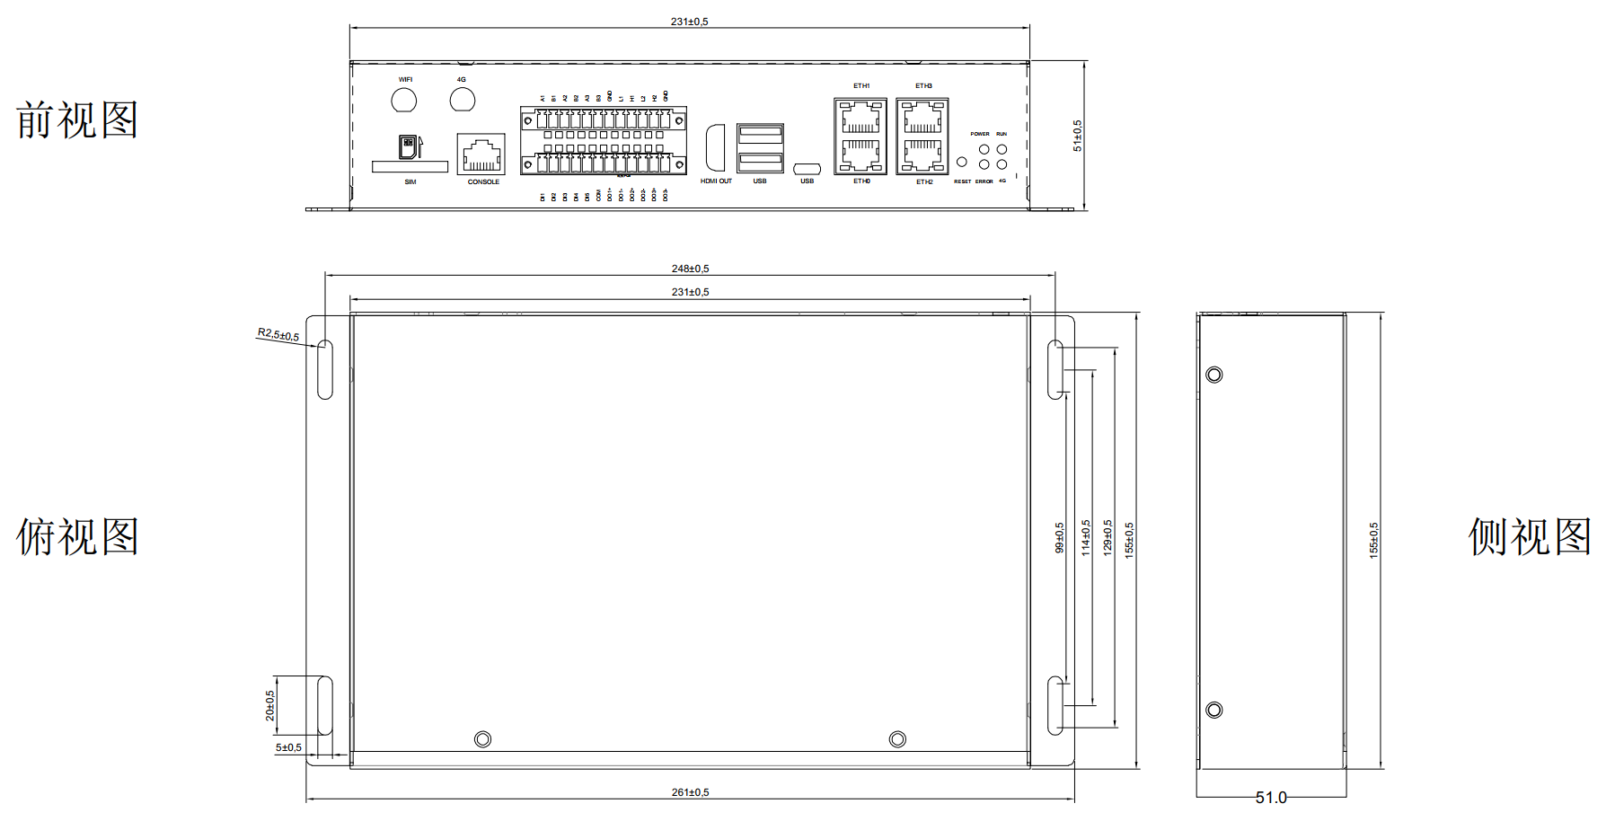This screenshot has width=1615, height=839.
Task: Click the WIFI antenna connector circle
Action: (x=404, y=100)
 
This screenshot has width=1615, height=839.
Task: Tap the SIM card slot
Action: (x=410, y=166)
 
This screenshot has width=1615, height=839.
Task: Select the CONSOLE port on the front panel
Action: (x=481, y=155)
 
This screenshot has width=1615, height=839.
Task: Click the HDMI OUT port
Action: (x=715, y=147)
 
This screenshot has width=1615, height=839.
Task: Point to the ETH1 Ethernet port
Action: (x=860, y=117)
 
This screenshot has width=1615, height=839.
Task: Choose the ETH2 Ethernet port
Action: (x=922, y=155)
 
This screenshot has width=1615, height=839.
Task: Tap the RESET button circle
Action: (x=962, y=163)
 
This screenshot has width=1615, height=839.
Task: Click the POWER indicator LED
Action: (x=984, y=149)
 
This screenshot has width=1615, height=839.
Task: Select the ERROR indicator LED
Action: (x=984, y=164)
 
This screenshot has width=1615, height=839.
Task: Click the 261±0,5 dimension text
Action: (x=690, y=792)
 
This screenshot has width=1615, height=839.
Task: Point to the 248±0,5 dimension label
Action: (x=690, y=269)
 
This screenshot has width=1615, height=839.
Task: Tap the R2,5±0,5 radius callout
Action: (x=278, y=335)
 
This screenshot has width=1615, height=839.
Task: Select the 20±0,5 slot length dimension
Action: (x=270, y=705)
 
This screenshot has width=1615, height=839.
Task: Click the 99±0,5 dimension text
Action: (x=1060, y=537)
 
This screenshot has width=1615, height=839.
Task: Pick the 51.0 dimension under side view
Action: (x=1270, y=798)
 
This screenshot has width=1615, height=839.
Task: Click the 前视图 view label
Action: (x=77, y=120)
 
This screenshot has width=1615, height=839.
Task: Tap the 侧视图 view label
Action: (x=1530, y=537)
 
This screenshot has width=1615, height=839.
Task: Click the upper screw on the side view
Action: (x=1214, y=375)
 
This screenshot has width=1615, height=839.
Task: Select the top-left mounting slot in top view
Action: (x=325, y=369)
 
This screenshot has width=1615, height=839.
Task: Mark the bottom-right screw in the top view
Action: (x=897, y=739)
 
